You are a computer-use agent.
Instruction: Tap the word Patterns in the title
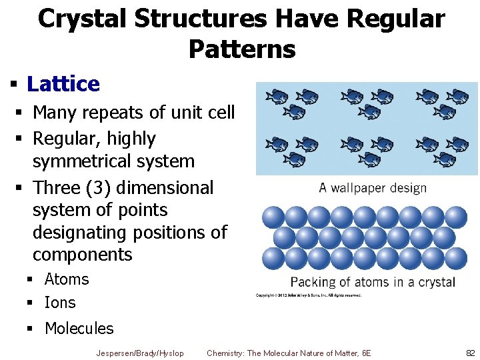point(241,49)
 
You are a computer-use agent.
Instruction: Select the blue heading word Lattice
point(63,84)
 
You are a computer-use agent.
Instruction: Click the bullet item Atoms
point(67,279)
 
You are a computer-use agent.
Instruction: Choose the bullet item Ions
point(60,303)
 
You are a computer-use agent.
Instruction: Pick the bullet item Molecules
point(79,329)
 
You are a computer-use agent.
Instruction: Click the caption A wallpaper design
point(373,187)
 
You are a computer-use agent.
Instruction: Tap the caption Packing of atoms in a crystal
point(373,281)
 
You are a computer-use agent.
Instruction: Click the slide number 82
point(471,353)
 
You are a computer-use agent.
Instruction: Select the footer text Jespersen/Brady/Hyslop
point(140,353)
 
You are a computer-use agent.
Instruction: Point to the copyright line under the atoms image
point(309,295)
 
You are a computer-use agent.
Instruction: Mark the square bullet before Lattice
point(13,85)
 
